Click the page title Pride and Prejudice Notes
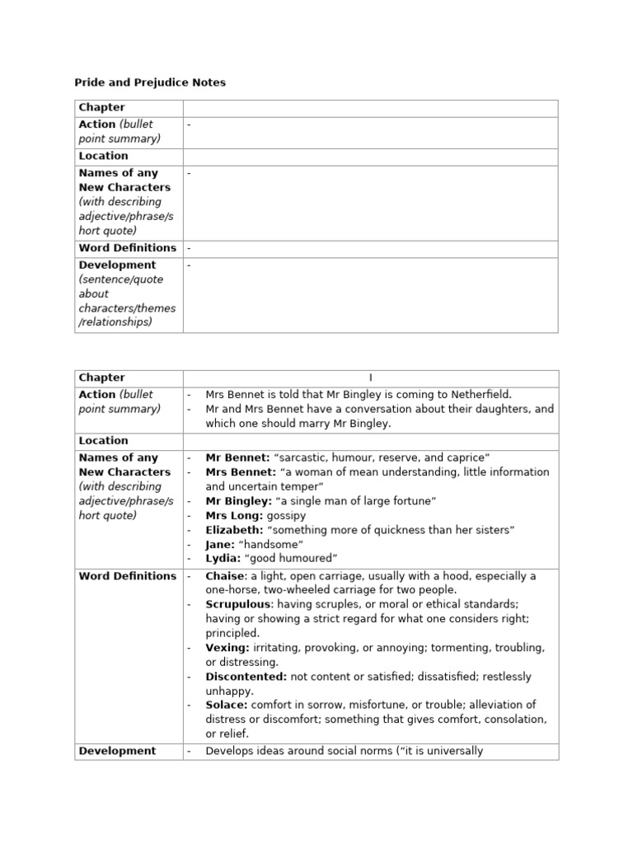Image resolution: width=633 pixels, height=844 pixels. (150, 82)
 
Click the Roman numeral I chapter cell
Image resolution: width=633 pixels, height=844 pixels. (370, 378)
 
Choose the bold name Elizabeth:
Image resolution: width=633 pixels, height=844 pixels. (234, 530)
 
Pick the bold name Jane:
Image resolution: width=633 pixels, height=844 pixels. (222, 545)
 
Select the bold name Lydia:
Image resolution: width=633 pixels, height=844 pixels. (223, 559)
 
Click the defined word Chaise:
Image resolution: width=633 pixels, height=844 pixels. (227, 576)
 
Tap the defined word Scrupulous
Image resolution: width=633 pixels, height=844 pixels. (237, 604)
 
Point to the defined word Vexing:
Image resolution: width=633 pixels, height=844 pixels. (227, 648)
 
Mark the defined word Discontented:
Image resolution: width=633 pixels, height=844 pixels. (246, 677)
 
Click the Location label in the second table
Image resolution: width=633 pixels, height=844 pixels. (103, 441)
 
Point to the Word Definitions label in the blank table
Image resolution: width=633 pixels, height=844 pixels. (127, 248)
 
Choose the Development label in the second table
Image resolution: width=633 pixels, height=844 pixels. (117, 751)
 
